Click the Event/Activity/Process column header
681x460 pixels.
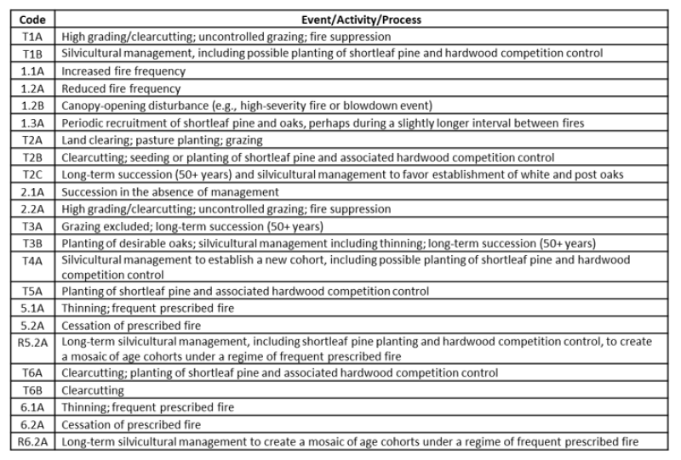360,19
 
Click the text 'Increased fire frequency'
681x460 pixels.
121,71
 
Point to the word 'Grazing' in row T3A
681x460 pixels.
81,226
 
